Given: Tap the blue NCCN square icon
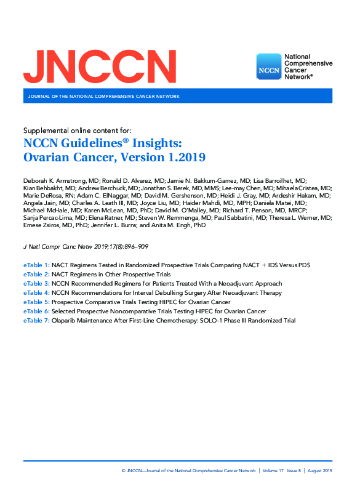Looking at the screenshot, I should click(268, 66).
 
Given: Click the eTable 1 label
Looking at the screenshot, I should click(36, 265).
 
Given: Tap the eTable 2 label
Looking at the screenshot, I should click(36, 275).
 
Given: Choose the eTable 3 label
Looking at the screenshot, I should click(36, 284).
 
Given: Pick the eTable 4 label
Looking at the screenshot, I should click(36, 293).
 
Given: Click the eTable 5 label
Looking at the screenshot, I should click(36, 302).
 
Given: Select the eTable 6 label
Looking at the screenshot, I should click(36, 311).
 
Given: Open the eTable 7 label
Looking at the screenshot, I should click(36, 321).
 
